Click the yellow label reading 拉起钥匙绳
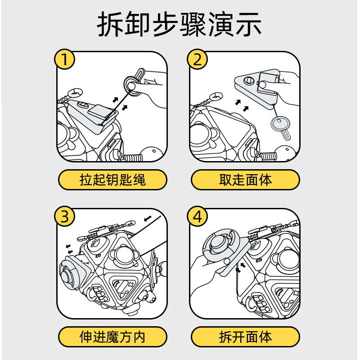[x=112, y=180]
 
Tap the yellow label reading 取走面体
[x=246, y=180]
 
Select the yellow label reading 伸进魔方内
[x=112, y=336]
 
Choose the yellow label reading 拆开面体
[x=246, y=336]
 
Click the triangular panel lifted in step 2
[x=256, y=88]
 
